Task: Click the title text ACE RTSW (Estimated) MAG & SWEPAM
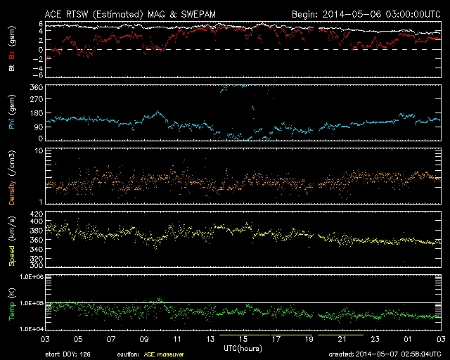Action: [x=136, y=13]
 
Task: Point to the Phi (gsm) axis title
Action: [x=12, y=113]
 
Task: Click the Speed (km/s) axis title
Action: [x=12, y=241]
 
